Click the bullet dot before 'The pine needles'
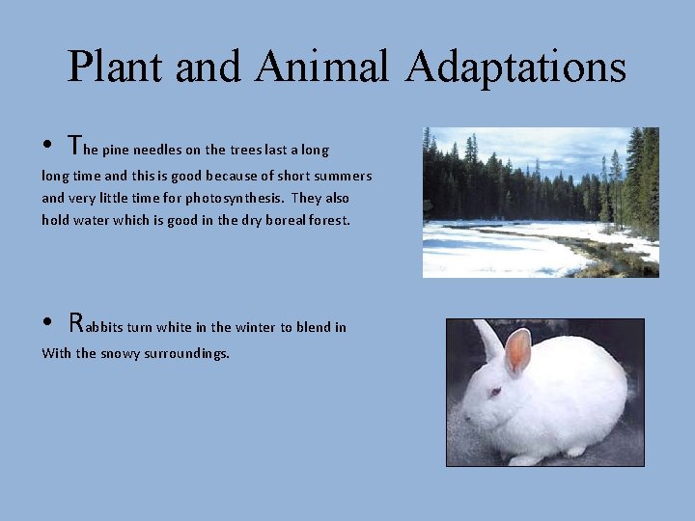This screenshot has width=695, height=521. pyautogui.click(x=47, y=149)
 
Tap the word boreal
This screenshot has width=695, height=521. pyautogui.click(x=275, y=219)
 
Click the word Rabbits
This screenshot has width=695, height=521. pyautogui.click(x=104, y=325)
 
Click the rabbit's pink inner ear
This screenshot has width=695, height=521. pyautogui.click(x=518, y=349)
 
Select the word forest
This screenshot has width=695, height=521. pyautogui.click(x=327, y=219)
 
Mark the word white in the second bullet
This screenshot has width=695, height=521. pyautogui.click(x=181, y=327)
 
